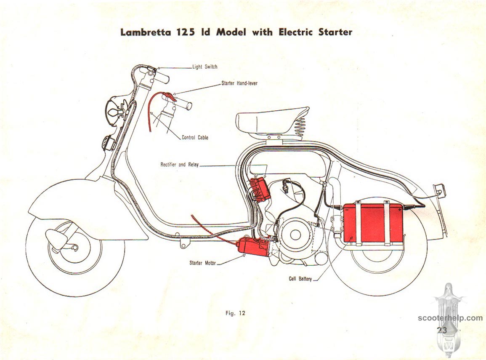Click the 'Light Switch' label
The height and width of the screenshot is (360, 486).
(x=205, y=67)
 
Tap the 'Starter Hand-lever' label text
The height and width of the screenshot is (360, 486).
(x=239, y=83)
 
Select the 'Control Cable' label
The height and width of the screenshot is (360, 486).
(x=195, y=137)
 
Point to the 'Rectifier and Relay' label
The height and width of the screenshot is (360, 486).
(x=179, y=165)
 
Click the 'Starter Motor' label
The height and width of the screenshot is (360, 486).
(x=202, y=263)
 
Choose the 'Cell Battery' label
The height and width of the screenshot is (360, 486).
(x=300, y=279)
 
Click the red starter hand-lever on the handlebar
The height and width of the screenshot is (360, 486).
(x=169, y=96)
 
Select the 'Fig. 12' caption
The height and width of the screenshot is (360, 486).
(x=235, y=313)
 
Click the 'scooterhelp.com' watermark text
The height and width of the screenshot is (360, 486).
(x=450, y=318)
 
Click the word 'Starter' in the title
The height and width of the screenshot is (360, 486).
(x=335, y=32)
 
